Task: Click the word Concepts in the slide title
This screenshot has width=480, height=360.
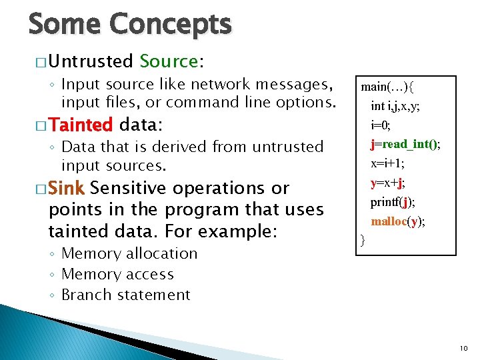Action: [171, 25]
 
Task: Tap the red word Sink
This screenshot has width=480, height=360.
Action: [67, 188]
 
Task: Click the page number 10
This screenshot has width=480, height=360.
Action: [465, 349]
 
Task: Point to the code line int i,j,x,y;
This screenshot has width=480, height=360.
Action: [395, 105]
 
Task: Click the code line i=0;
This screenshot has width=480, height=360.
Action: [381, 125]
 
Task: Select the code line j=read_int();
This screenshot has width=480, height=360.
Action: [405, 144]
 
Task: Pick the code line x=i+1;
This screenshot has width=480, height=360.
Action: [387, 163]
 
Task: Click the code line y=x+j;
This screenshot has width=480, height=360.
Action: [388, 183]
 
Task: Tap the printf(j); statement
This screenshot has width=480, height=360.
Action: [393, 202]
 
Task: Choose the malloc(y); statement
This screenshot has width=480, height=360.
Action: [397, 221]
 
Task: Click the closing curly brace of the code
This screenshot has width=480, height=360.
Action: [362, 239]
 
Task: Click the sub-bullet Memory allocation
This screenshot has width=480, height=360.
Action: [129, 253]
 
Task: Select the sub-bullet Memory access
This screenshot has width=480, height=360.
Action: [117, 274]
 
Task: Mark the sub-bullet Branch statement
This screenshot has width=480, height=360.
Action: [126, 295]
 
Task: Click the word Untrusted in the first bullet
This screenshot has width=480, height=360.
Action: [91, 61]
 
